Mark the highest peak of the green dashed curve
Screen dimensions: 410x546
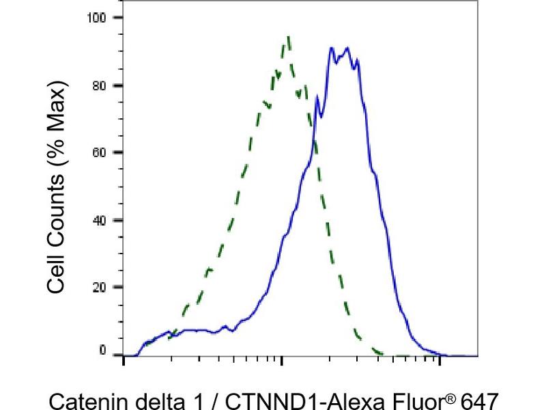click(289, 38)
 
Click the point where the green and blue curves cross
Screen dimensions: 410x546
click(314, 139)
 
